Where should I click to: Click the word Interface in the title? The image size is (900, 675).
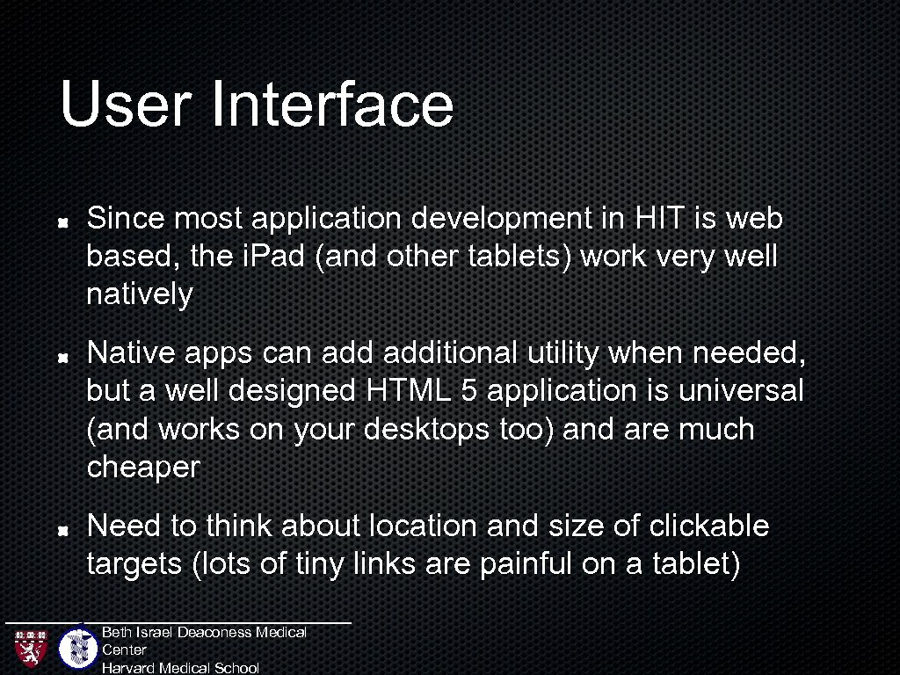(x=332, y=104)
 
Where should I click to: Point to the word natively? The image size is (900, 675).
(x=139, y=295)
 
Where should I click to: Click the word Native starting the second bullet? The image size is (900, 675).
(x=132, y=353)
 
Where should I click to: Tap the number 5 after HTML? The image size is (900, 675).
(x=468, y=391)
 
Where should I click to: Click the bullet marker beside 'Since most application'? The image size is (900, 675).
(x=64, y=222)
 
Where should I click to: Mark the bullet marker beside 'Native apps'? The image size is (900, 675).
(x=64, y=358)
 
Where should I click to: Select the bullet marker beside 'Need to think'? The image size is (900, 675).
(x=64, y=531)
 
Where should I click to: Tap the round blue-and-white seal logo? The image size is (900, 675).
(x=78, y=649)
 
